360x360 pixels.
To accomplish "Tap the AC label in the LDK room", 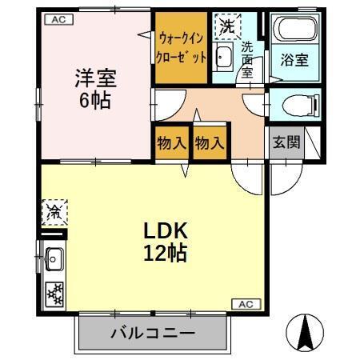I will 246,303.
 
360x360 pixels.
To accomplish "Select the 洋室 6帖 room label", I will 96,90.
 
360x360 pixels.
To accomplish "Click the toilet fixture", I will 295,104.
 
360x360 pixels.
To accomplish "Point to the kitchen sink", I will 54,258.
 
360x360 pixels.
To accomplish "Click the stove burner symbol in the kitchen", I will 54,292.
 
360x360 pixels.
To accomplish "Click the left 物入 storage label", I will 169,143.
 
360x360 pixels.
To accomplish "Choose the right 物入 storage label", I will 209,143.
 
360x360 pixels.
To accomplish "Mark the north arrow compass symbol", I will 306,332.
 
